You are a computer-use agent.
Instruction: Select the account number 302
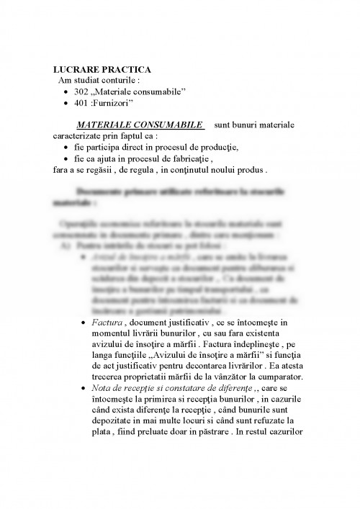81,93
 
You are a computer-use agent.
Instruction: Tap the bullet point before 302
66,94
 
